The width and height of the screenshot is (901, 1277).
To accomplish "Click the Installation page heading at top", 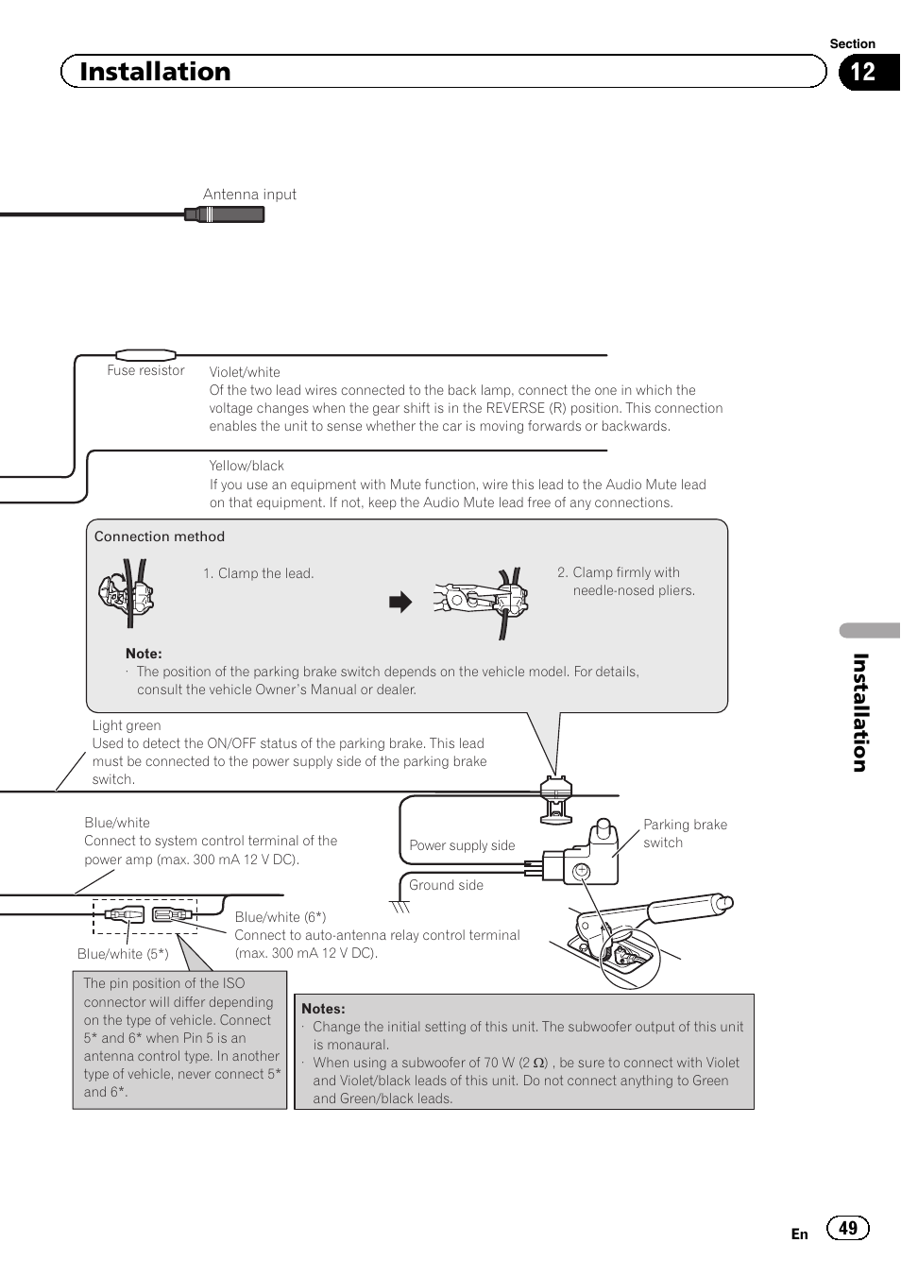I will [x=155, y=72].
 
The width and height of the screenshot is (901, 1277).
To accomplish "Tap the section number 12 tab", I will [x=863, y=73].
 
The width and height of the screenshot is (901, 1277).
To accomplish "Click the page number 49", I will [x=848, y=1228].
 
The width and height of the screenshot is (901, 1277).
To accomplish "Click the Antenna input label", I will [x=249, y=195].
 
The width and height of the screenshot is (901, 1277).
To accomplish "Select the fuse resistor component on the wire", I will [x=145, y=355].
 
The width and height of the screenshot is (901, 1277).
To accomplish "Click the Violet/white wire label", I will [x=245, y=372].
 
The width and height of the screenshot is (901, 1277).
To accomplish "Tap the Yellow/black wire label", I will [x=246, y=466].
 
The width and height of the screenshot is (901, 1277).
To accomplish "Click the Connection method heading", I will [x=160, y=536].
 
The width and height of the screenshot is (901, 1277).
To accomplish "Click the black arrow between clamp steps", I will [x=401, y=603].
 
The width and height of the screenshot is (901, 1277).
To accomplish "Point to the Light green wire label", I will [x=127, y=725].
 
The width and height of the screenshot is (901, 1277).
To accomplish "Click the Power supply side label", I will [x=462, y=845].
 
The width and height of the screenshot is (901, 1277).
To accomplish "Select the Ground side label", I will [x=446, y=885].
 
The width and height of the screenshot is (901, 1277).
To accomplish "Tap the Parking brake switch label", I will [x=685, y=833].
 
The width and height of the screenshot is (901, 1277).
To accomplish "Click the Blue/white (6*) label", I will [x=280, y=917].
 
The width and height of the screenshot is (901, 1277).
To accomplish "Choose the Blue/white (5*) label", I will [x=123, y=954].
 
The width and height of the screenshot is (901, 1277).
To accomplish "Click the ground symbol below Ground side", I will [x=401, y=908].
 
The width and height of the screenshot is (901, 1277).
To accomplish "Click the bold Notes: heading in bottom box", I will [x=323, y=1009].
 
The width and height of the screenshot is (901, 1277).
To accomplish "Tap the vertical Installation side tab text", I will [x=859, y=712].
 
